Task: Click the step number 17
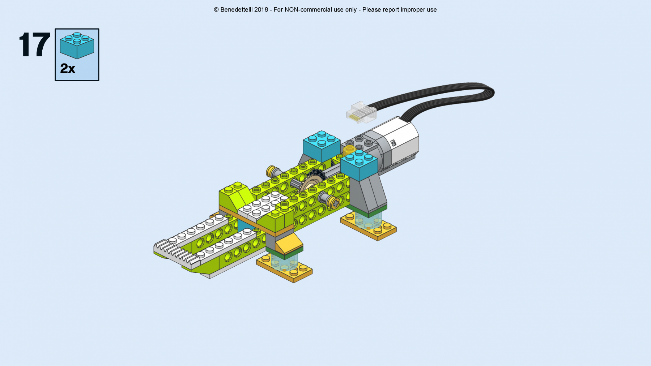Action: (x=34, y=44)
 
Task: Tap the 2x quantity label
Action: (x=68, y=68)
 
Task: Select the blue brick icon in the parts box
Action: (x=77, y=46)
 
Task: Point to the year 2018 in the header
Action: (x=261, y=10)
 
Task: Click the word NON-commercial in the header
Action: (x=315, y=10)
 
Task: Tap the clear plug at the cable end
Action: (x=361, y=112)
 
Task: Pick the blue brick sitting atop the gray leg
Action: (x=359, y=165)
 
